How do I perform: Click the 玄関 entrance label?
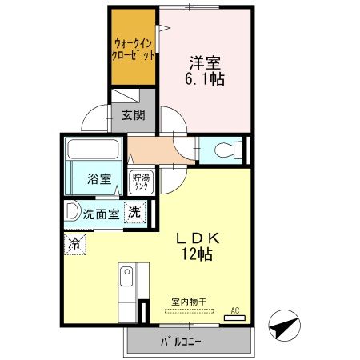click(133, 114)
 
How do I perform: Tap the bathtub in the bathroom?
click(93, 150)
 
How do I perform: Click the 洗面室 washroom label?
click(103, 214)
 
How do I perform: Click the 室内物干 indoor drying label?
click(189, 302)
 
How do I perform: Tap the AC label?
click(235, 310)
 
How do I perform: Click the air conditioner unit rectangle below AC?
click(235, 318)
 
